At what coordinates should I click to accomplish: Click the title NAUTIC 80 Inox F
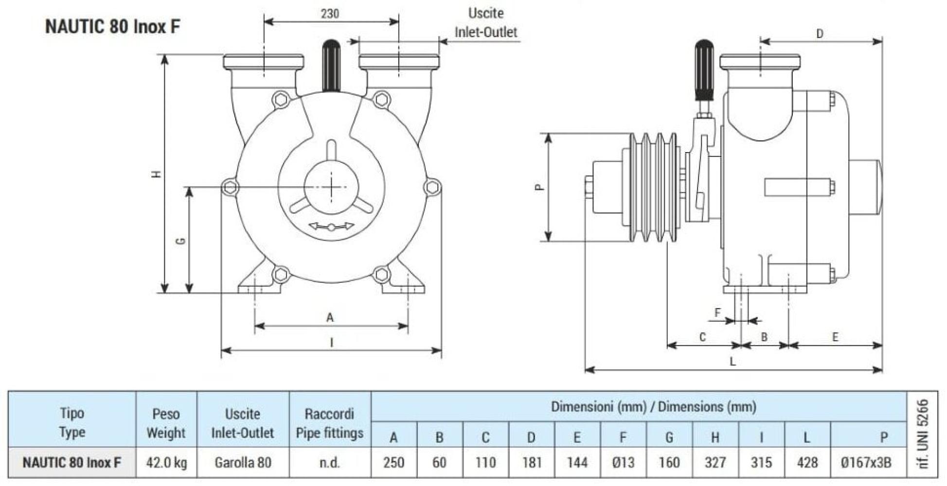[112, 26]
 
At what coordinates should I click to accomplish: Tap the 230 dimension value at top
[330, 14]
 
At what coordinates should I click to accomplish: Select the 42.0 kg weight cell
[166, 462]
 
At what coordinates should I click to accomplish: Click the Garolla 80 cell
[243, 462]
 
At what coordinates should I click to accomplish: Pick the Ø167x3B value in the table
[866, 462]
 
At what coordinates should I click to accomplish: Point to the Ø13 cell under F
[623, 462]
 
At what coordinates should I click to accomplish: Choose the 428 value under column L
[807, 462]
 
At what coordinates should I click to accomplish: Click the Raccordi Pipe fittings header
[330, 423]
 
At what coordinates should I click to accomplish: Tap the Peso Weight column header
[166, 423]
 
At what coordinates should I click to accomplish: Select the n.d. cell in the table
[330, 462]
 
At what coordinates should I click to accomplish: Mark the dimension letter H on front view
[156, 174]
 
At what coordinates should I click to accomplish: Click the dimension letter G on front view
[180, 241]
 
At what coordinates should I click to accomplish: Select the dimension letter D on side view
[820, 34]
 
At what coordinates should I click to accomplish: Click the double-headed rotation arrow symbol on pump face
[332, 226]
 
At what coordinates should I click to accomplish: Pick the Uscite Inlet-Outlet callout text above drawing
[485, 23]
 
